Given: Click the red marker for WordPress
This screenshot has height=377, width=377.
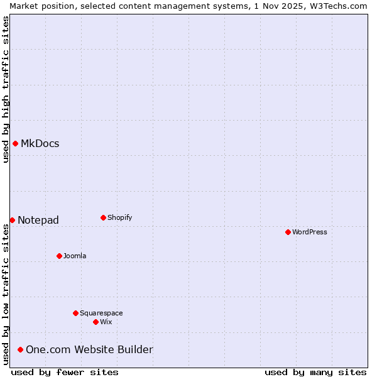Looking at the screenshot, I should pos(288,232).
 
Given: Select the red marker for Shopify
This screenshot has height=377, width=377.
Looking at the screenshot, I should pos(103,217).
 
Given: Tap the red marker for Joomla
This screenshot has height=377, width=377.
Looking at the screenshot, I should pos(59,256).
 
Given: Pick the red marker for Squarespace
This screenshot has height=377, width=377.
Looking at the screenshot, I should pos(75,313).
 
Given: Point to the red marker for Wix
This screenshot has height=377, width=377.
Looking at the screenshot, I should pos(96,322).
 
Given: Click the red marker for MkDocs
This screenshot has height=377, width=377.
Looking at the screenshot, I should pos(15,143).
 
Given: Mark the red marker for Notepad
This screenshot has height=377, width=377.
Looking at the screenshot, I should pos(12,220).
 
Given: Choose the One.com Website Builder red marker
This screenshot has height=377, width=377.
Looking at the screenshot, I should pos(20,349).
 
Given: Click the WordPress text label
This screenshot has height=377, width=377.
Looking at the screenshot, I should pos(310,232).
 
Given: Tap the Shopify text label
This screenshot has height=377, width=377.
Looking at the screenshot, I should pos(119,217).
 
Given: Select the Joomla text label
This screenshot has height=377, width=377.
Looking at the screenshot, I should pos(75,256).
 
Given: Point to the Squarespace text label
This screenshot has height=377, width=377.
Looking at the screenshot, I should pos(101,313).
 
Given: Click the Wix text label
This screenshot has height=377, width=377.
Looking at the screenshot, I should pos(106,322).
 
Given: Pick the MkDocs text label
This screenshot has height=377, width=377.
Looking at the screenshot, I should pos(40,143).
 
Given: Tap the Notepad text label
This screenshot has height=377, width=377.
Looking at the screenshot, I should pos(38,220).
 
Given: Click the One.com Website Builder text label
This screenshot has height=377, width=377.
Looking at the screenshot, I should pos(89,349).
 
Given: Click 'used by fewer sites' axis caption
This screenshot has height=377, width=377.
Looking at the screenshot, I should pos(65,372).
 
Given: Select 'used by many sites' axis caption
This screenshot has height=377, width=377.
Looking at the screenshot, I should pos(315,372).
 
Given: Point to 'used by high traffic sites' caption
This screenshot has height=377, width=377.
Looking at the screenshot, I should pos(6,89).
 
